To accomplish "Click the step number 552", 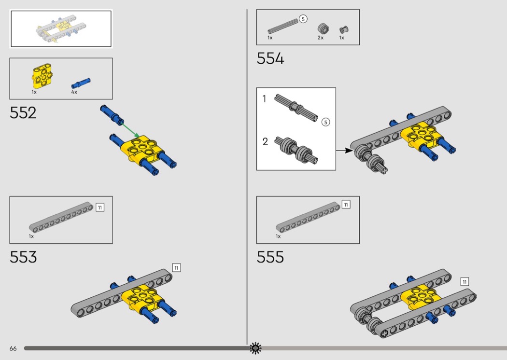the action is (x=23, y=113).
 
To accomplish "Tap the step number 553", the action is (x=23, y=257).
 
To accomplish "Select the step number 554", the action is (x=270, y=59).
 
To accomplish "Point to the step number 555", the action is (x=270, y=257).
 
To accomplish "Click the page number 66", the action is (x=13, y=348).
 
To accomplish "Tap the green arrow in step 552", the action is (x=130, y=130).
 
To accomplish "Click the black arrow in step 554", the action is (x=344, y=151).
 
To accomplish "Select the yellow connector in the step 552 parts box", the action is (x=42, y=76).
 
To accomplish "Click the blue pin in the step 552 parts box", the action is (x=81, y=83).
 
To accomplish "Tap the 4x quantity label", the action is (x=74, y=92).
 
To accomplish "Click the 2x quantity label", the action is (x=321, y=38).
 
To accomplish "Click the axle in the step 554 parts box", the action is (x=283, y=26).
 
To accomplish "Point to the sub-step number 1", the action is (x=264, y=99).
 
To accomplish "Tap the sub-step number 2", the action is (x=265, y=141).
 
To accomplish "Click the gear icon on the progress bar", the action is (x=255, y=348).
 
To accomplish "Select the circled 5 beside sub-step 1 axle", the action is (x=325, y=122).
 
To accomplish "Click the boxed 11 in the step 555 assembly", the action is (x=465, y=282).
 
